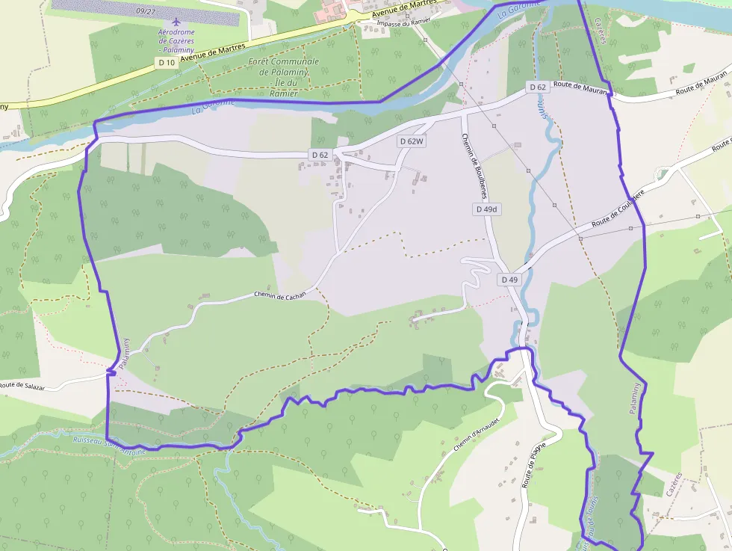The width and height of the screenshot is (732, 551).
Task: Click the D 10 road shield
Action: tap(167, 63)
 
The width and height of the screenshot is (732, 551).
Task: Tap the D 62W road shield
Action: tap(412, 141)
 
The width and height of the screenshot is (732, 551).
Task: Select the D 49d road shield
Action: tap(487, 209)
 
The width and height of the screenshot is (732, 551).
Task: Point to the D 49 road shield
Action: tap(509, 280)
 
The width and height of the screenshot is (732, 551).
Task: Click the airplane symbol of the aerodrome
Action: tap(176, 22)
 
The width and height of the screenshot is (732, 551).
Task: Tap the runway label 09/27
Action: tap(146, 11)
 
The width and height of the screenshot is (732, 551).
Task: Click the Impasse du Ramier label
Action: tap(405, 23)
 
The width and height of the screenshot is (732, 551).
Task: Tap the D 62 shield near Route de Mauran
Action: tap(538, 87)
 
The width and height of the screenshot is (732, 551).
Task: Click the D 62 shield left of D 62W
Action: tap(319, 155)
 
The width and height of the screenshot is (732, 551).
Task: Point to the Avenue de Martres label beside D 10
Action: tap(214, 52)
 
